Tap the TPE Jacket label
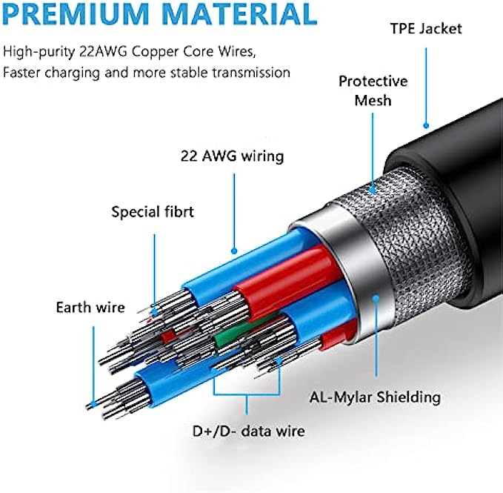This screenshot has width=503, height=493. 426,29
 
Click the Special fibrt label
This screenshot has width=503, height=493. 153,212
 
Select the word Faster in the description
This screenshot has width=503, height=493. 23,73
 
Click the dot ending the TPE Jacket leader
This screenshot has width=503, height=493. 427,127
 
